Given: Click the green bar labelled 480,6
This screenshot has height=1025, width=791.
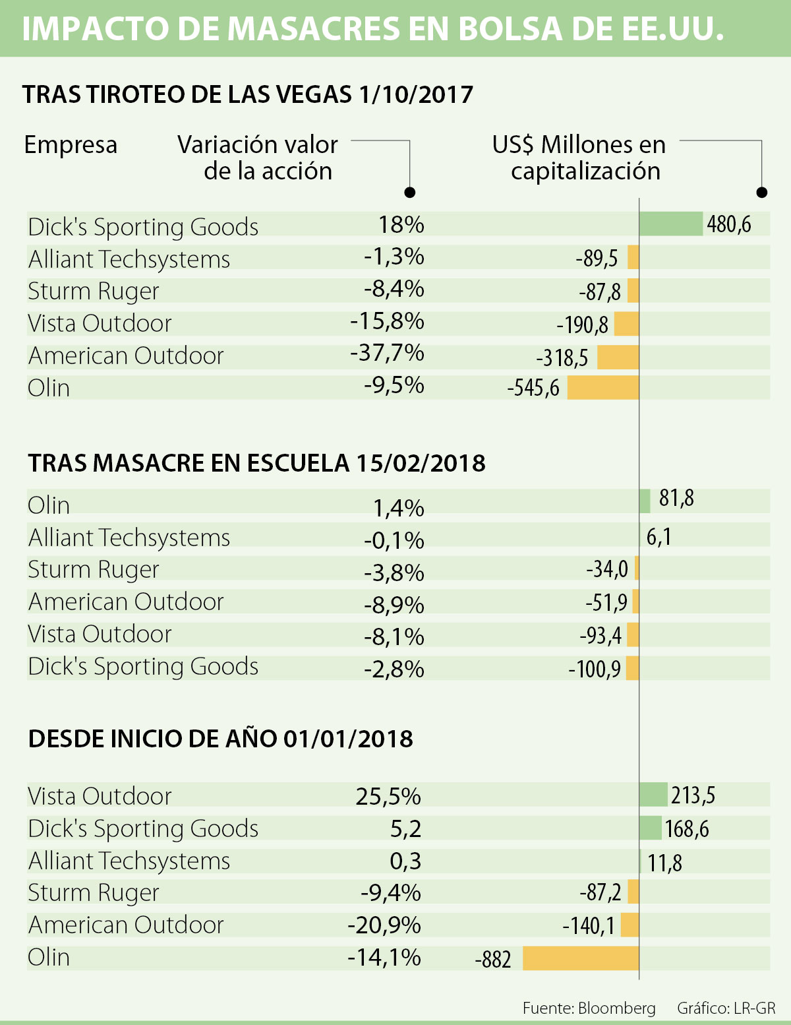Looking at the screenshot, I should click(x=671, y=224).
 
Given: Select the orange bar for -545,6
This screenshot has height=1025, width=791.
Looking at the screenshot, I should click(x=602, y=388).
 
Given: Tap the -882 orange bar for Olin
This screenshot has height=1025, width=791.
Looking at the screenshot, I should click(x=581, y=958).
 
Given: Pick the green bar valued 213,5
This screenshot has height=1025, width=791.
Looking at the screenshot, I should click(x=654, y=795).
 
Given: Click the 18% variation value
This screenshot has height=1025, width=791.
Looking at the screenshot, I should click(x=401, y=225).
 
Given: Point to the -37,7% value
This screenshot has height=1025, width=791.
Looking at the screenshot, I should click(x=387, y=354).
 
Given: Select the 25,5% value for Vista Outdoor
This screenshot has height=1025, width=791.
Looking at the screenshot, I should click(x=388, y=797).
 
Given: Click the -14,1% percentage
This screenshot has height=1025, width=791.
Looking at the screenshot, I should click(x=384, y=957).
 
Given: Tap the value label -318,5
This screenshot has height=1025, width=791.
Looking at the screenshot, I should click(x=562, y=357).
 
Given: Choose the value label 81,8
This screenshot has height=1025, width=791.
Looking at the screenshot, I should click(x=676, y=498).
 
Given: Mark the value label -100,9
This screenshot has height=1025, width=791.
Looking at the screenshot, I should click(x=595, y=669).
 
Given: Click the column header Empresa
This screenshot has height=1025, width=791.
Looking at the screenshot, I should click(x=71, y=144).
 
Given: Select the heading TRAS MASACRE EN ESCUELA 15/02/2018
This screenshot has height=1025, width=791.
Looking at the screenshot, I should click(x=256, y=463).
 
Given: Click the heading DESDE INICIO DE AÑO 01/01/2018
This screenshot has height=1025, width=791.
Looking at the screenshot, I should click(x=221, y=739).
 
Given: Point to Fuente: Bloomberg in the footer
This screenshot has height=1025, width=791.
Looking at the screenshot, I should click(x=589, y=1008).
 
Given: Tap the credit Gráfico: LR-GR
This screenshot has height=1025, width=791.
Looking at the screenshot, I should click(x=726, y=1008).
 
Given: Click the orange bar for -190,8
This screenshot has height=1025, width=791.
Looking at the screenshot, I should click(x=626, y=324).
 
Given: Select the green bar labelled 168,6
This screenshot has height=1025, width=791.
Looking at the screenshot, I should click(x=651, y=828).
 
